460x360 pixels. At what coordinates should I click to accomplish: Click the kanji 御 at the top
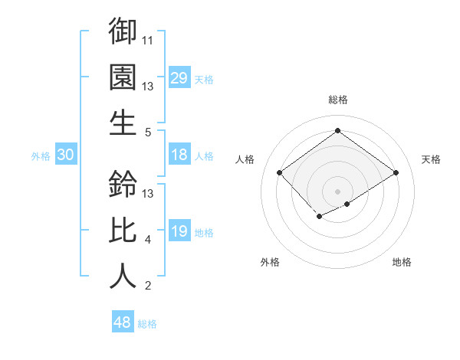[x=123, y=31]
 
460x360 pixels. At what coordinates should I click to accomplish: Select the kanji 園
[x=123, y=77]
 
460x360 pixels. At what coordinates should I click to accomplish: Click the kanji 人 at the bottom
[x=123, y=276]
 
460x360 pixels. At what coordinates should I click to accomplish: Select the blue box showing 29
[x=179, y=78]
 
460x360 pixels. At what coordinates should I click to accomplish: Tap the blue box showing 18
[x=179, y=155]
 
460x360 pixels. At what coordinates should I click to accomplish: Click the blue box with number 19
[x=179, y=231]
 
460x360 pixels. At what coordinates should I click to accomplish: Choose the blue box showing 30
[x=66, y=155]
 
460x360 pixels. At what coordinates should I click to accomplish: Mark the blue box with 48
[x=123, y=322]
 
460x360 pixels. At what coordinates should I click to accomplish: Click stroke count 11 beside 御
[x=149, y=39]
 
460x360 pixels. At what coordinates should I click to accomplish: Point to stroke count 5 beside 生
[x=149, y=132]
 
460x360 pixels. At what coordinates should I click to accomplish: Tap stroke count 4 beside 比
[x=149, y=240]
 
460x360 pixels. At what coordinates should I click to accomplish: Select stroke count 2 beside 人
[x=149, y=286]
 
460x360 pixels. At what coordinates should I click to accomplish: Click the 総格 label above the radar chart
[x=337, y=100]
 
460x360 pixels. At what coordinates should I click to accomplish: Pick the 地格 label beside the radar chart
[x=402, y=262]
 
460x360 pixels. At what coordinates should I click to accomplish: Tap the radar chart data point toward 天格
[x=396, y=173]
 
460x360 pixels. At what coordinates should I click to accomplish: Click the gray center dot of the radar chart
[x=337, y=190]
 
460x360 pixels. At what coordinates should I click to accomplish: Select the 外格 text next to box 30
[x=41, y=156]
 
